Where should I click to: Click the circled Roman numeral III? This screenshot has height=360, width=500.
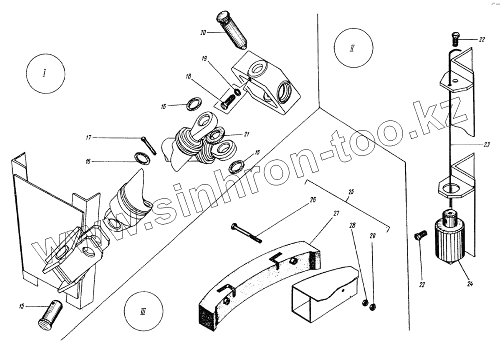pos(143,310)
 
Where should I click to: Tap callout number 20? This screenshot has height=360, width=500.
pos(203,32)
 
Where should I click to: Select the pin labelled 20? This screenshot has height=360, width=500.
pos(231,30)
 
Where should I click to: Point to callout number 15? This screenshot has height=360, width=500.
pos(21,306)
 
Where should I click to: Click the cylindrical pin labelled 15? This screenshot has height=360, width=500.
pos(50,315)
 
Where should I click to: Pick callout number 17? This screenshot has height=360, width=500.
pos(88,137)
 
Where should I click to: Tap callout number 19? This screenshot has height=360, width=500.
pos(204,58)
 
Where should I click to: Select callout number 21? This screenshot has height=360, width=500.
pos(246,134)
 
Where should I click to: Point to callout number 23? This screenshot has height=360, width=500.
pos(486,145)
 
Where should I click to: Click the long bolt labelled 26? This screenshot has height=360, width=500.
pos(246,233)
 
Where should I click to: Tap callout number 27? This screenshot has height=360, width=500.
pos(336,213)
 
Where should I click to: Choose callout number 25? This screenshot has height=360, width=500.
pos(351,192)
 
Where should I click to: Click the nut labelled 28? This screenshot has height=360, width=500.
pos(365,302)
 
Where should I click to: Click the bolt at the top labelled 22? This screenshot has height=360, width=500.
pos(455,38)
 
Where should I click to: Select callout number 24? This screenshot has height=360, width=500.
pos(469,283)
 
